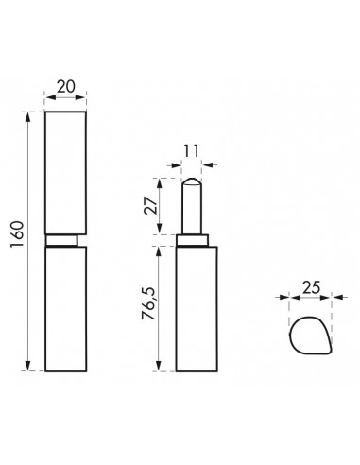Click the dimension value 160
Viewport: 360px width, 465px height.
pyautogui.click(x=18, y=242)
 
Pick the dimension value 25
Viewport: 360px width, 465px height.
pyautogui.click(x=307, y=284)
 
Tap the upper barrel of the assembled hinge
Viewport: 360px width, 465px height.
pyautogui.click(x=66, y=172)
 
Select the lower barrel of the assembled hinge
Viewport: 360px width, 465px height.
pyautogui.click(x=66, y=308)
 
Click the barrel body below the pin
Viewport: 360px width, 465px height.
pyautogui.click(x=197, y=308)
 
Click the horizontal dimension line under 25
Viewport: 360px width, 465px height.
pyautogui.click(x=308, y=297)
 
